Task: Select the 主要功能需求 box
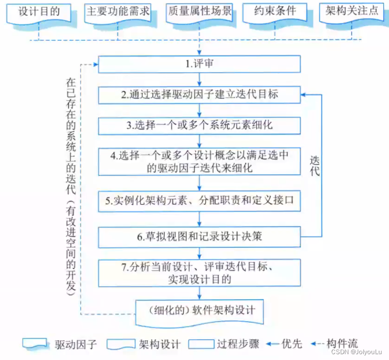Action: click(x=117, y=12)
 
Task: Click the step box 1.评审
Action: click(x=199, y=64)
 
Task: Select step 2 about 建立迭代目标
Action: click(x=199, y=95)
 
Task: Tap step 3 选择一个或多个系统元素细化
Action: click(x=199, y=125)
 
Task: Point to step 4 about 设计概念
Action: click(x=199, y=162)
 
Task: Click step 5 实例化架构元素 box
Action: click(x=199, y=200)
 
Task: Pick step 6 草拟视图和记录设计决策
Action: click(x=199, y=237)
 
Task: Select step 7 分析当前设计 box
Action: click(x=199, y=273)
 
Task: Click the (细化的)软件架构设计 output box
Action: click(x=199, y=310)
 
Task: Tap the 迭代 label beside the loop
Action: click(x=314, y=165)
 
